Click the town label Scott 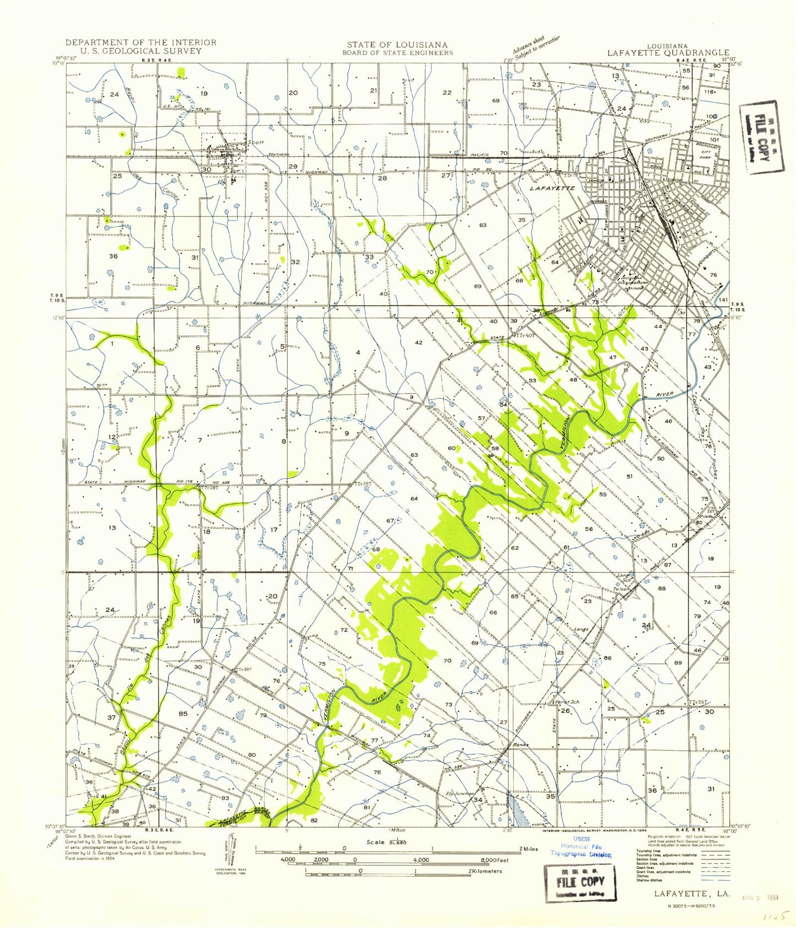pos(256,142)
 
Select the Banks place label pos(520,744)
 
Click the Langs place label pos(581,629)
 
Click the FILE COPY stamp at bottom pos(580,882)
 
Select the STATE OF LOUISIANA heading pos(397,45)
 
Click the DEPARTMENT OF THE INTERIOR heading pos(140,42)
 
